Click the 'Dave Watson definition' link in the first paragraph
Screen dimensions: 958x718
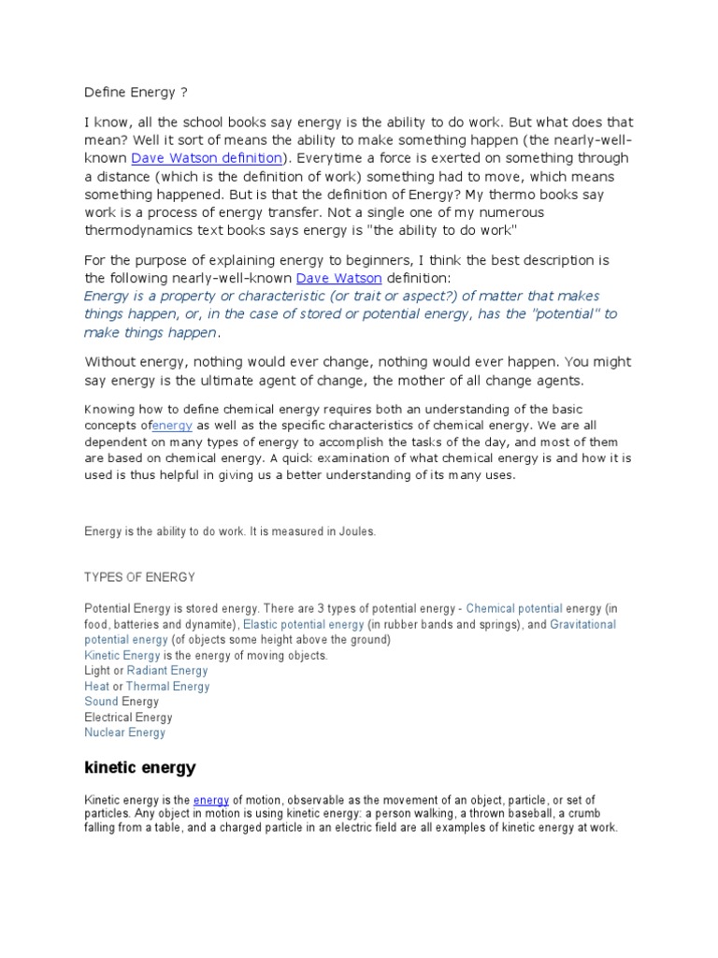[206, 158]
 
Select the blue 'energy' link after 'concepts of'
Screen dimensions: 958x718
[172, 425]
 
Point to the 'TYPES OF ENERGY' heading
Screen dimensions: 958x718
[139, 577]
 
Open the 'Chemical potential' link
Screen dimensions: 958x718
[514, 608]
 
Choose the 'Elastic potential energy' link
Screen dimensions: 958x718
[304, 624]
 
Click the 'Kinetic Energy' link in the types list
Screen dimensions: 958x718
[122, 656]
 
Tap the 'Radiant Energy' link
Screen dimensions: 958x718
[167, 671]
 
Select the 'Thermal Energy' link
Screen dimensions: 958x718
[167, 687]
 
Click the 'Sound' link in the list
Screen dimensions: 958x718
[101, 702]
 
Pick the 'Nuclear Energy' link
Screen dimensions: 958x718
[124, 733]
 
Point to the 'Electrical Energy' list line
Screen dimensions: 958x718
[128, 718]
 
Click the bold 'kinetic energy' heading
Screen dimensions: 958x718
[140, 768]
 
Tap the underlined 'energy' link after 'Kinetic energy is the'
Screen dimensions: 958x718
[211, 800]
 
